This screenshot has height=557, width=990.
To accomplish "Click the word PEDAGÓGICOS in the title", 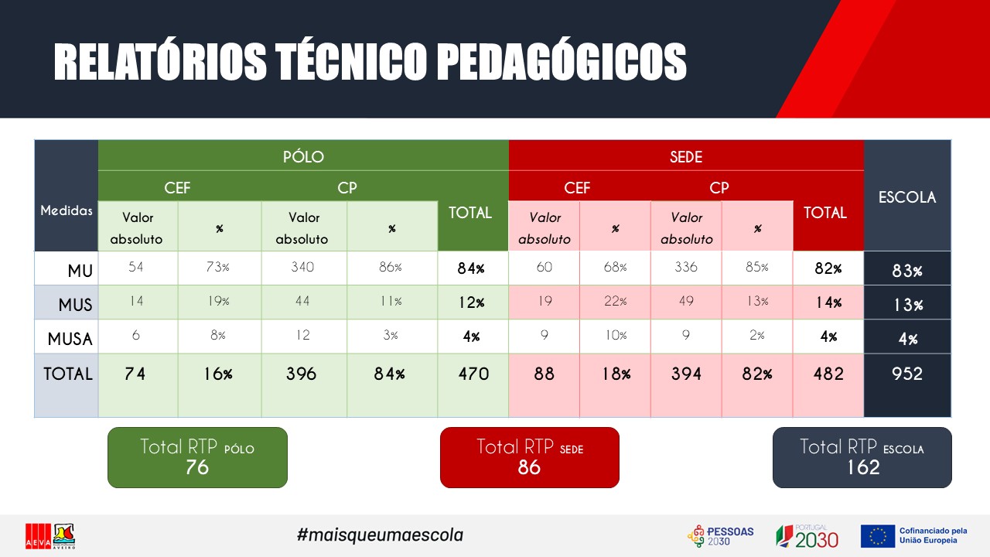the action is click(564, 61).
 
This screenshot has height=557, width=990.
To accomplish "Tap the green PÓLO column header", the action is click(303, 156).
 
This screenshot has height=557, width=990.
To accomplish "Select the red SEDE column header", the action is click(686, 156).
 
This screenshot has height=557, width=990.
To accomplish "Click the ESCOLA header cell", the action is click(907, 196).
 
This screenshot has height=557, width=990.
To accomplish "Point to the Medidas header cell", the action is click(67, 210).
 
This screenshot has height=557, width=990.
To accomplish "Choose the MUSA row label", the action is click(70, 339).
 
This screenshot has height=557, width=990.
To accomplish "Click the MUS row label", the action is click(75, 305).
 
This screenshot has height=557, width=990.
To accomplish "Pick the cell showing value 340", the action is click(302, 268).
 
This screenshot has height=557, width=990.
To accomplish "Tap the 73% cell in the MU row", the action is click(218, 268).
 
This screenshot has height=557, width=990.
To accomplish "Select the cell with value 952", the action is click(907, 374).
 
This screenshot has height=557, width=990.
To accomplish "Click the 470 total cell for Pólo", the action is click(473, 374).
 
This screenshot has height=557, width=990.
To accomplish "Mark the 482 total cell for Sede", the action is click(828, 374).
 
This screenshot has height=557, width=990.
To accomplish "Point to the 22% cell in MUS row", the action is click(615, 302).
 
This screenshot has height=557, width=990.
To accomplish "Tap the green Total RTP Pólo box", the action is click(197, 457).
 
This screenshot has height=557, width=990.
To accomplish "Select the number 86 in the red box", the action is click(529, 467).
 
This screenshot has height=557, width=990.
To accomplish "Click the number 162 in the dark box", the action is click(863, 467).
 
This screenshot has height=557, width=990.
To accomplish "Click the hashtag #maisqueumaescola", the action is click(380, 535).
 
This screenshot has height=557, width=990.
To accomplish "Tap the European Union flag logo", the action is click(877, 536).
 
